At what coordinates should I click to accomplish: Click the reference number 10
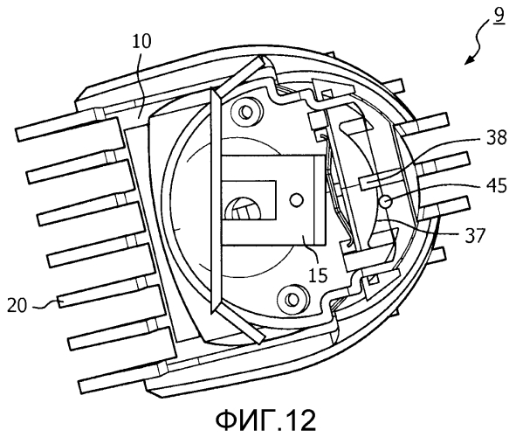coord(141,42)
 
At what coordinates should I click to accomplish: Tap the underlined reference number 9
coord(499,17)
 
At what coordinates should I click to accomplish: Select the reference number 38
coord(496,137)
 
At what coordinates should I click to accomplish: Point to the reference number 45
coord(496,186)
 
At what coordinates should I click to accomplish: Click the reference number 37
coord(475,236)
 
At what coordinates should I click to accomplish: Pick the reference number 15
coord(318,274)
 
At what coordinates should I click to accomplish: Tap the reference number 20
coord(17,305)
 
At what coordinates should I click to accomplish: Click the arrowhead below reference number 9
coord(470,59)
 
